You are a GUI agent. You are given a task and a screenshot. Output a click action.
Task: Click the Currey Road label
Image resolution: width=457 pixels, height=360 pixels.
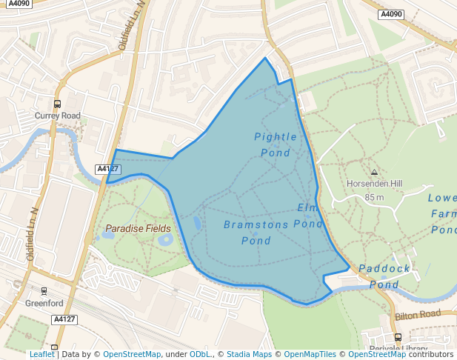click(57, 116)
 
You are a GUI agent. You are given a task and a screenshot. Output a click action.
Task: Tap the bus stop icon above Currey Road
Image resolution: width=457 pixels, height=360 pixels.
click(57, 104)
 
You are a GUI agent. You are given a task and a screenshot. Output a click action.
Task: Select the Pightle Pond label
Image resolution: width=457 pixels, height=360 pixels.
click(276, 144)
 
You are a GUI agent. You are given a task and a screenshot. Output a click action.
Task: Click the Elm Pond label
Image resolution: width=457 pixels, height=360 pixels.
click(310, 215)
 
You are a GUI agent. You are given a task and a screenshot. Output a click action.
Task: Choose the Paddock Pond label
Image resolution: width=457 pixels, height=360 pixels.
click(384, 276)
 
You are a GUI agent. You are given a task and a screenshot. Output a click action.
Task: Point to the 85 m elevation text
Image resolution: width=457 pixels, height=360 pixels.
click(374, 197)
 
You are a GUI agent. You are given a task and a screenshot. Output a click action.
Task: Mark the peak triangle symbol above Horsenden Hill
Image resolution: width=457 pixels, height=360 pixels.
click(374, 172)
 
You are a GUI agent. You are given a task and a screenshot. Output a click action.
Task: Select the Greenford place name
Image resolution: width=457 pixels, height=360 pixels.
click(44, 303)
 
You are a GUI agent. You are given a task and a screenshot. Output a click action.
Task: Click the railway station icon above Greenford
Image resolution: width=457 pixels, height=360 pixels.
click(44, 291)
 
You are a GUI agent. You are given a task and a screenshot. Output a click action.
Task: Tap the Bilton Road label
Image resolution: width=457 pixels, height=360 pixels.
click(417, 315)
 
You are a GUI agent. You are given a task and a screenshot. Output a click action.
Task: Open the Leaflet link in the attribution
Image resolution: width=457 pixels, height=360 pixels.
click(41, 354)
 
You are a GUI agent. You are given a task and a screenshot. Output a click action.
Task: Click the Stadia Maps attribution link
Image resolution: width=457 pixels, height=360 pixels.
click(249, 354)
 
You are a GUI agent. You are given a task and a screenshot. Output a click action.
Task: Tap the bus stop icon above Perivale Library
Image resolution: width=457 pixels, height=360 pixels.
click(398, 337)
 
